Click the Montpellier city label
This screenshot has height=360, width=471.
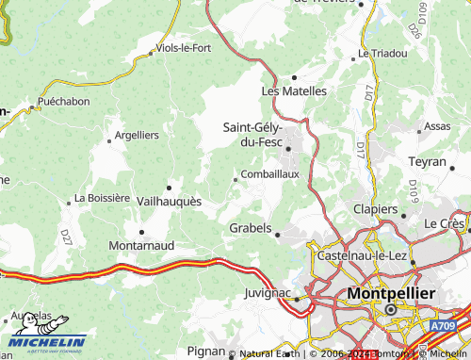click(391, 293)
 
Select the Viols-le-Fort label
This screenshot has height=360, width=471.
click(184, 47)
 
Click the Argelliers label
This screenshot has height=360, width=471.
click(137, 135)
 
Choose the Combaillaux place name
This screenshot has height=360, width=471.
click(270, 173)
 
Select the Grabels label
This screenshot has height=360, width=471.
click(251, 228)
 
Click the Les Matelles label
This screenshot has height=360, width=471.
click(293, 91)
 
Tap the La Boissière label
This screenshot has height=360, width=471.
click(102, 198)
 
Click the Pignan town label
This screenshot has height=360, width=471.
click(206, 350)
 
